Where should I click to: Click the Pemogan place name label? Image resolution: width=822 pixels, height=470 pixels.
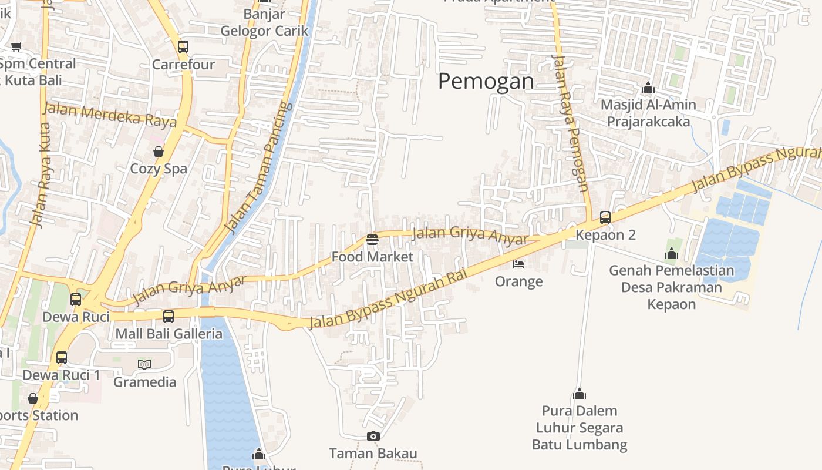(486, 81)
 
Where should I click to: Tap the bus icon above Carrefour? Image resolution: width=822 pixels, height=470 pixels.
(183, 46)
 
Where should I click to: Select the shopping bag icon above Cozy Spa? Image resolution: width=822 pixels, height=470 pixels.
(159, 152)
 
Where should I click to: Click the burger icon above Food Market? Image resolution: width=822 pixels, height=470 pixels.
(372, 239)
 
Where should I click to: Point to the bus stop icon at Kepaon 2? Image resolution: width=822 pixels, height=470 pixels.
(605, 217)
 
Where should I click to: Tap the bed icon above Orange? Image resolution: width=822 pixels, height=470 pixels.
(518, 264)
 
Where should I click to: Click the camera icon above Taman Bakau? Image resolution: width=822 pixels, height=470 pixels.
(373, 436)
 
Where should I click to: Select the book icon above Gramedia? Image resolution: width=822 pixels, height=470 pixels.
(144, 364)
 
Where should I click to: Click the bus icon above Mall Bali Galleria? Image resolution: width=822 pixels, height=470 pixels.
(169, 316)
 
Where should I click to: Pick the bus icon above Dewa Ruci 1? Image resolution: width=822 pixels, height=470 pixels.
(62, 357)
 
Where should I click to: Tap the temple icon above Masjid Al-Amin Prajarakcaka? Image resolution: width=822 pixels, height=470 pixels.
(648, 88)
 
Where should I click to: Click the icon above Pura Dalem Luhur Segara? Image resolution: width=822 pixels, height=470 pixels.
(580, 393)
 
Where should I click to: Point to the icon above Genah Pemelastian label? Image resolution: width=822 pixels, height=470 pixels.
(672, 253)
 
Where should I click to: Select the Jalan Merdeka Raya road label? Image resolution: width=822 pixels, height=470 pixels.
(110, 115)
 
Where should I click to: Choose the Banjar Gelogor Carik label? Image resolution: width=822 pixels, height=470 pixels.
(264, 22)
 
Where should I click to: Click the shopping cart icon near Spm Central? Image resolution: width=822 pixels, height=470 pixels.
(16, 46)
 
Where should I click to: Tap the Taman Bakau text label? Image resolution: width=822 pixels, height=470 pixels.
(373, 454)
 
